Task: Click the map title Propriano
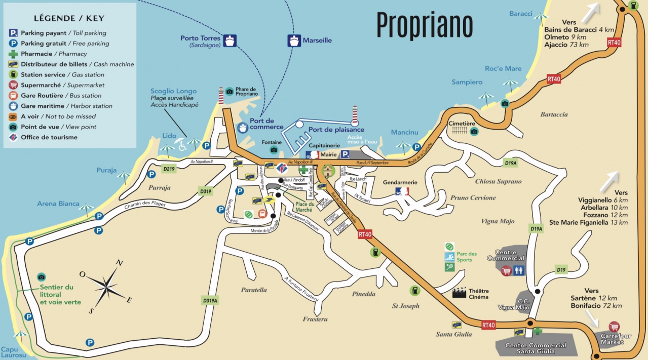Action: click(x=425, y=24)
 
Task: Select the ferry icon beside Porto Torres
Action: click(x=231, y=41)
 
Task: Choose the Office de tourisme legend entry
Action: click(x=49, y=137)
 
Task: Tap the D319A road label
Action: click(x=210, y=300)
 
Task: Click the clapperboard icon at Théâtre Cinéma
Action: click(x=459, y=292)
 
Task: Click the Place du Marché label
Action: click(x=304, y=207)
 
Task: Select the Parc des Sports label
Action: click(x=467, y=257)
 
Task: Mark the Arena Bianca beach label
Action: click(x=58, y=204)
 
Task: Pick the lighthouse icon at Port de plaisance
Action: click(x=355, y=115)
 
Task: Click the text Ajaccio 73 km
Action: click(x=566, y=45)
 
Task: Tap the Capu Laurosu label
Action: click(x=13, y=352)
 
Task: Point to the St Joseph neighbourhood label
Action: click(x=406, y=306)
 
